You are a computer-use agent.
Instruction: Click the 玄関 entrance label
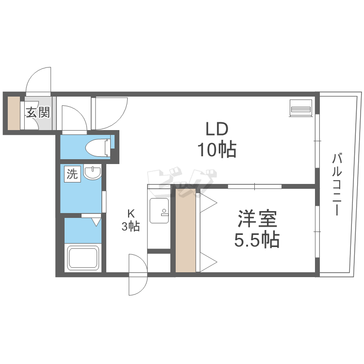click(38, 113)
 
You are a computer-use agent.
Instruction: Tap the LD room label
click(217, 129)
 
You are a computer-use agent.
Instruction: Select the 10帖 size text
click(217, 149)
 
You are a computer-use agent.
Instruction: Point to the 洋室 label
click(257, 218)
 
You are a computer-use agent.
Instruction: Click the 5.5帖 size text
click(257, 239)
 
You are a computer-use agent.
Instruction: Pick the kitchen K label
click(131, 213)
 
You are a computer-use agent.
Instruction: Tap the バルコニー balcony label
click(337, 184)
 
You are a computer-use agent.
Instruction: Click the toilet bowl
click(98, 148)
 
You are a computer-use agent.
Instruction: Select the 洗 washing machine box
click(72, 174)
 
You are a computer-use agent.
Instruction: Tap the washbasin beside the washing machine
click(92, 173)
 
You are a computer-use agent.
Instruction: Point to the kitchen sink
click(159, 211)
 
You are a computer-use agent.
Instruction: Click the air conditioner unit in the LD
click(300, 108)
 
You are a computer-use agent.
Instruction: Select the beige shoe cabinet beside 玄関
click(14, 113)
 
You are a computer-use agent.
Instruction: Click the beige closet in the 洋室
click(185, 230)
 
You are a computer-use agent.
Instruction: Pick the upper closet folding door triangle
click(208, 203)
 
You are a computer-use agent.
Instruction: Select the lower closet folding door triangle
click(208, 262)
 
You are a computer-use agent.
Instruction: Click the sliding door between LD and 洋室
click(255, 186)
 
